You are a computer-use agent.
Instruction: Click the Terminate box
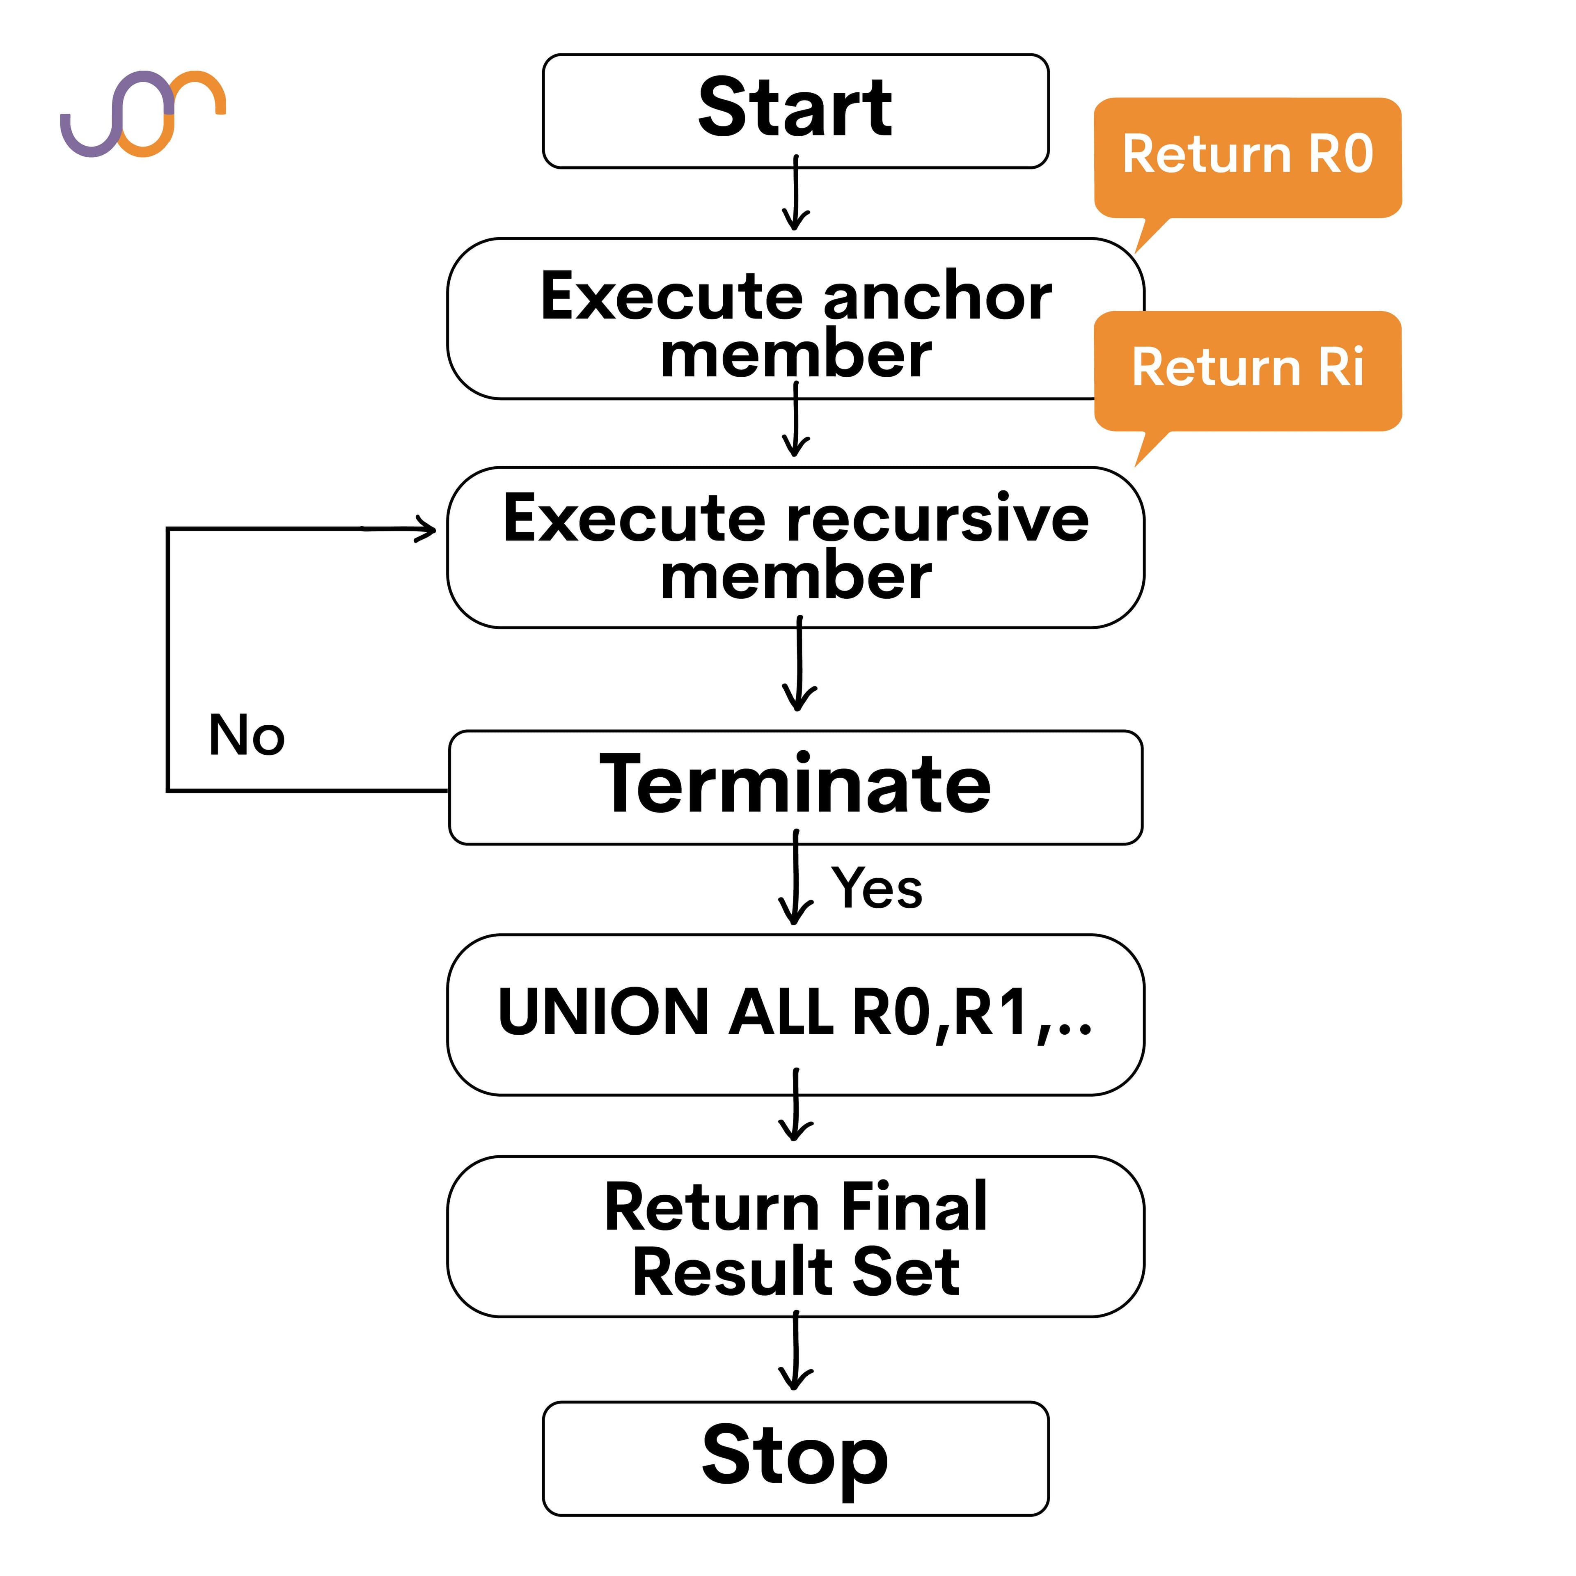click(x=795, y=787)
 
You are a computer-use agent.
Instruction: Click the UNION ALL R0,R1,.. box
click(x=795, y=1014)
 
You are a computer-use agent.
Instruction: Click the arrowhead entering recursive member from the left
click(x=426, y=529)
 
